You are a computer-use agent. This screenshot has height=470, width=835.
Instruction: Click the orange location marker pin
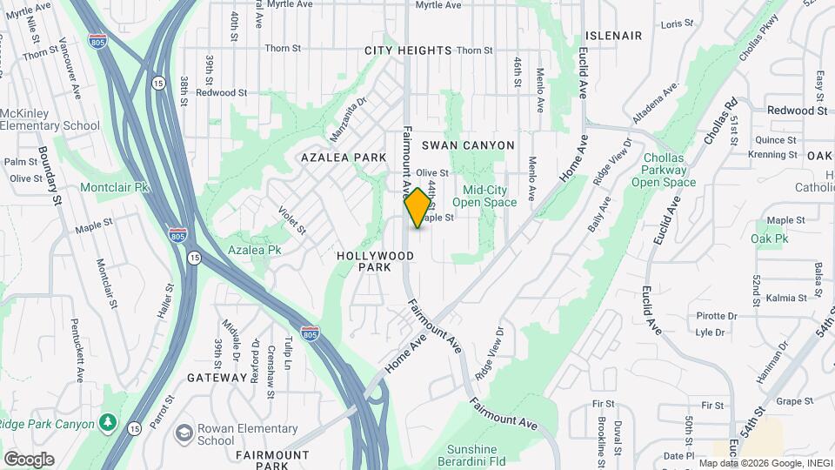tap(417, 208)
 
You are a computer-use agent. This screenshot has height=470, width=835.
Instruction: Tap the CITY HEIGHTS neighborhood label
tap(408, 50)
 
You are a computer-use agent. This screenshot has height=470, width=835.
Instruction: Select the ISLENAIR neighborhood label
tap(613, 36)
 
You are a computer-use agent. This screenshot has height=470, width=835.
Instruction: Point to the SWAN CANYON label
tap(468, 145)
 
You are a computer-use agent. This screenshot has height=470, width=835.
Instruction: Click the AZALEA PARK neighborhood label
tap(344, 158)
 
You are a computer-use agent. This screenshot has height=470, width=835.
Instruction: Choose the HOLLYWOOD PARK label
tap(375, 262)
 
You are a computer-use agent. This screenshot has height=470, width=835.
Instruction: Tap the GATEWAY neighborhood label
tap(217, 378)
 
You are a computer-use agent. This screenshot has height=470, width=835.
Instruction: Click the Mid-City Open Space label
tap(490, 196)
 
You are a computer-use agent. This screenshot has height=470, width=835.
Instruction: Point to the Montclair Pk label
tap(115, 187)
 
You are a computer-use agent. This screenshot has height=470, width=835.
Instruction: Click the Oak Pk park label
tap(770, 238)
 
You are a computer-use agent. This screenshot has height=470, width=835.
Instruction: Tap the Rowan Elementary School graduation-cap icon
tap(184, 433)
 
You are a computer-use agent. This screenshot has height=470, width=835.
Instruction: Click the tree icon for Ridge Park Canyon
tap(108, 423)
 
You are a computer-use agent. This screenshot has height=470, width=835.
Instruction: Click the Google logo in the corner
tap(29, 460)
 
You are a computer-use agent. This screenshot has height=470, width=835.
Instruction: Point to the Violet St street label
tap(291, 220)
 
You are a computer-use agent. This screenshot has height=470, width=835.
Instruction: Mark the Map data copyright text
tap(765, 463)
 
